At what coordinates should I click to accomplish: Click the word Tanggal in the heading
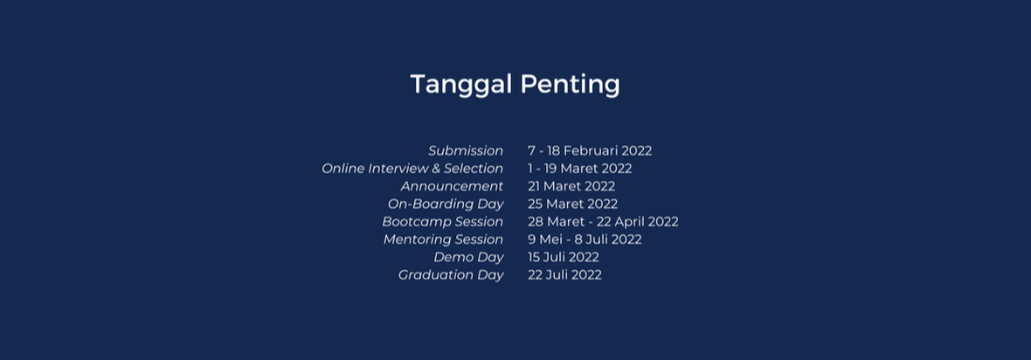[461, 85]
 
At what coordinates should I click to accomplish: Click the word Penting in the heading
[570, 85]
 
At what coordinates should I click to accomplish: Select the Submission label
[466, 150]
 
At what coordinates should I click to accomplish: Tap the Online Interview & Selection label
[412, 169]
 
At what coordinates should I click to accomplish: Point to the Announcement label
[452, 186]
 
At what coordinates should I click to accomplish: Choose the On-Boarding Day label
[446, 204]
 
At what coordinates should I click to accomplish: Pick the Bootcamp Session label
[442, 222]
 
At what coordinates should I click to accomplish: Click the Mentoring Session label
[443, 239]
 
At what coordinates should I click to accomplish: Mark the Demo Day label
[469, 258]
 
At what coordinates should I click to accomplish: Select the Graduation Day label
[451, 275]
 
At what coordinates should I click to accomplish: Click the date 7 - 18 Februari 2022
[590, 150]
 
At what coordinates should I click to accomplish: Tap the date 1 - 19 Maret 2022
[580, 169]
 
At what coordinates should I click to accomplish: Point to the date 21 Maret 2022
[571, 186]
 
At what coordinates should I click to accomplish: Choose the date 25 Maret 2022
[572, 204]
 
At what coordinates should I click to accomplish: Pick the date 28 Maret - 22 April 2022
[603, 222]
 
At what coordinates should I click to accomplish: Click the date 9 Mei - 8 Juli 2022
[585, 239]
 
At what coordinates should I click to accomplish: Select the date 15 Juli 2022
[564, 258]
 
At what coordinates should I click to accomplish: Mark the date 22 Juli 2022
[564, 275]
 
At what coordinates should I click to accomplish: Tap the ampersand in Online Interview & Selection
[435, 169]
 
